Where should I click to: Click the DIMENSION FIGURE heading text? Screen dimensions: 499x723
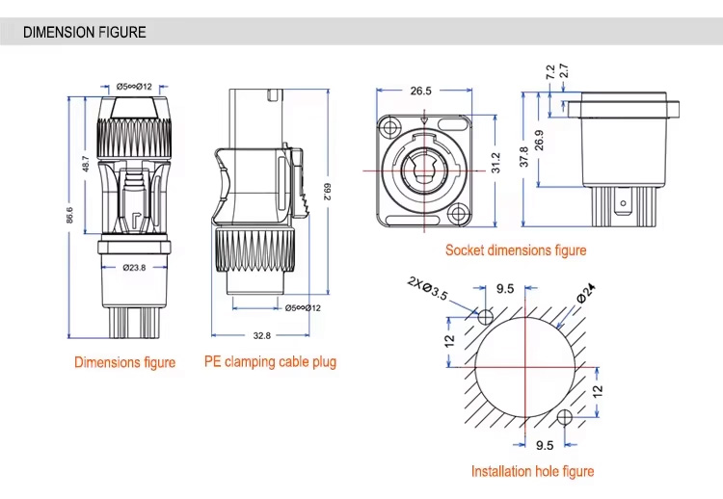[85, 32]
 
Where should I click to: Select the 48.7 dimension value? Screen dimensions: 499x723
[86, 164]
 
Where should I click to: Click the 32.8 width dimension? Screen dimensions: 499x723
[261, 336]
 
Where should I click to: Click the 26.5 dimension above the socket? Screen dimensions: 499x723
[420, 91]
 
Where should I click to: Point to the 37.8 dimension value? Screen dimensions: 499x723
[524, 156]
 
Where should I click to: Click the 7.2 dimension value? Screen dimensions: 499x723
[550, 71]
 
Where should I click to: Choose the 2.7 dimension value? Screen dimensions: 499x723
[564, 70]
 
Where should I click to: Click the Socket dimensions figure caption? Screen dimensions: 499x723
[516, 250]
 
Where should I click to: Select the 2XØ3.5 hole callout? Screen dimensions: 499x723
[427, 288]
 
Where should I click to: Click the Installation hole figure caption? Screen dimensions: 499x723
[532, 471]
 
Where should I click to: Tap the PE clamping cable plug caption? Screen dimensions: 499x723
[270, 362]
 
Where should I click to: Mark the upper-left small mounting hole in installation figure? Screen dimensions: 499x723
[486, 316]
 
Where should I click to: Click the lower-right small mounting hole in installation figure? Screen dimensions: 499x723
[565, 416]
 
